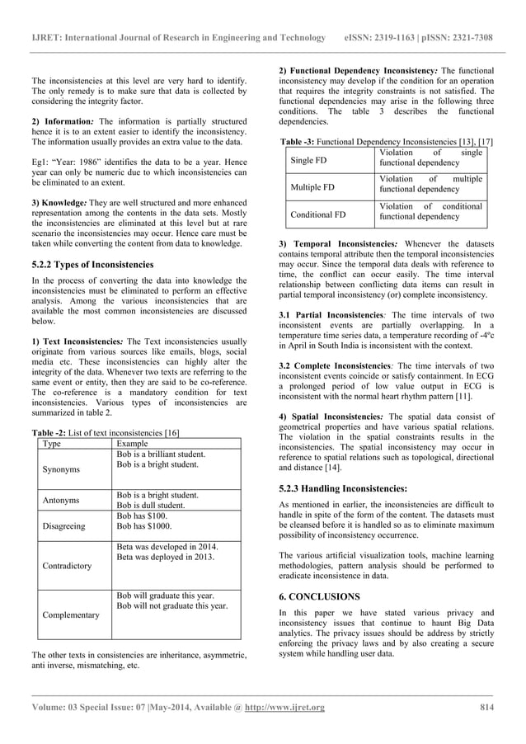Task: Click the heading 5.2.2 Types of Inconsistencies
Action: (x=92, y=265)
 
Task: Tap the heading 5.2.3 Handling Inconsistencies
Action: (x=344, y=487)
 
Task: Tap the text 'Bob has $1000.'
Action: (x=144, y=525)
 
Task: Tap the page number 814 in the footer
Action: (x=486, y=707)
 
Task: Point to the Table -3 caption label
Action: (x=303, y=143)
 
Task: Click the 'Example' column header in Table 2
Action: (x=134, y=444)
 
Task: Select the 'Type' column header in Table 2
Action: (x=51, y=444)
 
